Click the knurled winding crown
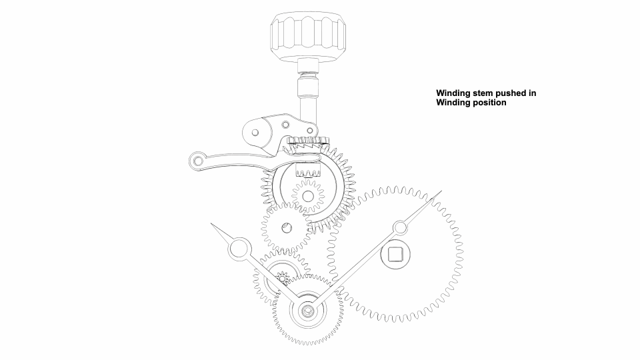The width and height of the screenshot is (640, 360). click(x=308, y=37)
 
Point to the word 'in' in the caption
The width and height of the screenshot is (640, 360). click(x=531, y=93)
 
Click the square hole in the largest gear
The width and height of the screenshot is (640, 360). click(x=395, y=254)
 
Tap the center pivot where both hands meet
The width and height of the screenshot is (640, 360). click(x=308, y=311)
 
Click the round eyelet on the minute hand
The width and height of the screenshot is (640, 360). click(x=400, y=228)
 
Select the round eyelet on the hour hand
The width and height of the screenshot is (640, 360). click(x=239, y=249)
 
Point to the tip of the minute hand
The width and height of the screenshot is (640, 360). click(x=441, y=191)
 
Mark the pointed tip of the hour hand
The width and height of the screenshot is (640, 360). click(x=211, y=224)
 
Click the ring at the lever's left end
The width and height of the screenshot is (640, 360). click(x=198, y=161)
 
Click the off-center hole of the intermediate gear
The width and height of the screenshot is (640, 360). click(x=287, y=228)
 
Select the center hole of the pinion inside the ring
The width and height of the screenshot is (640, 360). click(x=308, y=197)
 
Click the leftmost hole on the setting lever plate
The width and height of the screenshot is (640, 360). click(x=255, y=133)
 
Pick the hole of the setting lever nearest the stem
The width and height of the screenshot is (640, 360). click(x=310, y=131)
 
